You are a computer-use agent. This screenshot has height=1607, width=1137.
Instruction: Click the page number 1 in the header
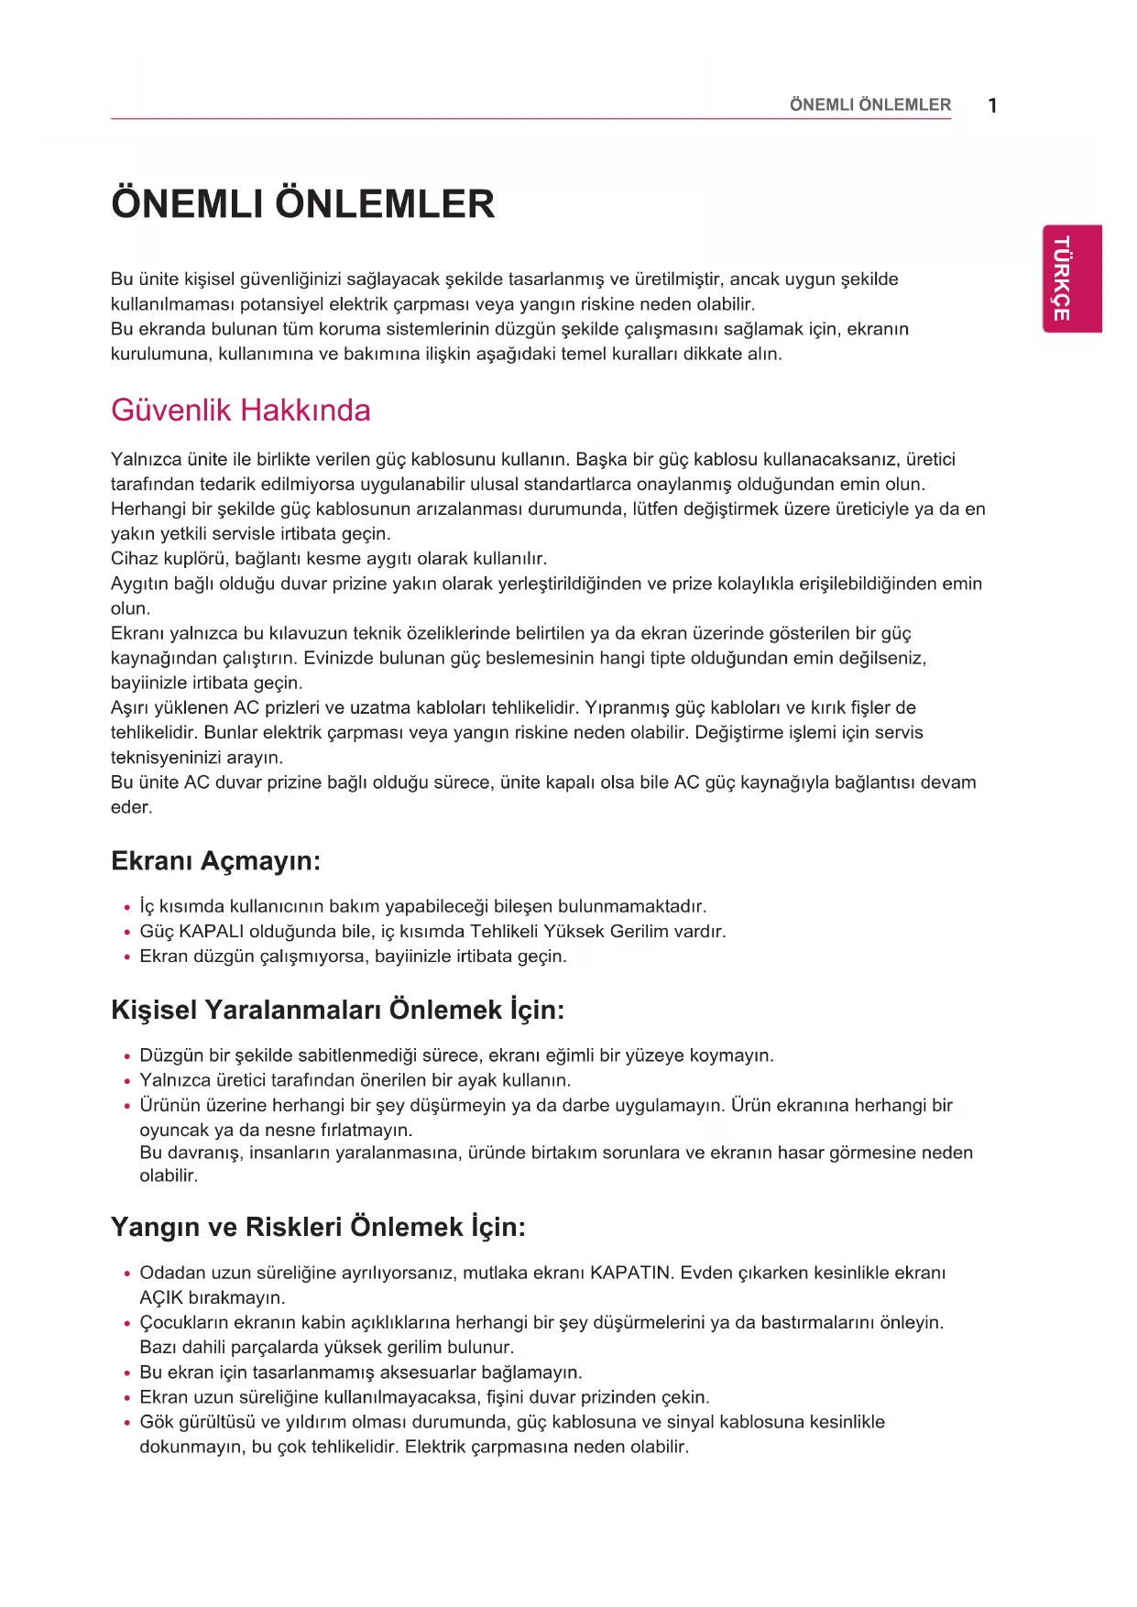[x=992, y=105]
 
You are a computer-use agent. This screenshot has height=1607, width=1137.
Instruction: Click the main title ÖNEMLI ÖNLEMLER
[x=302, y=204]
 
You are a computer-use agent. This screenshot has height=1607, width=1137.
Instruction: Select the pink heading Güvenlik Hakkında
[x=240, y=410]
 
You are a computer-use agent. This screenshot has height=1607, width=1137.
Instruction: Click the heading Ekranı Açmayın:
[x=215, y=861]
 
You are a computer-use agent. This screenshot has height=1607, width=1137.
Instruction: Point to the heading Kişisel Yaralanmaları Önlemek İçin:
[x=337, y=1010]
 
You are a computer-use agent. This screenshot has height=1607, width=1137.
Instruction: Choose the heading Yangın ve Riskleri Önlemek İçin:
[x=318, y=1227]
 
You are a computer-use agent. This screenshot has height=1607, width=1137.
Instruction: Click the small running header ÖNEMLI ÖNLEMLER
[x=869, y=105]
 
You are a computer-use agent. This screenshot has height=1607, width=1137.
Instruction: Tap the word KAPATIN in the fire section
[x=630, y=1273]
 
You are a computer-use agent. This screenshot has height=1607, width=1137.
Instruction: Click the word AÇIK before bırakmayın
[x=161, y=1297]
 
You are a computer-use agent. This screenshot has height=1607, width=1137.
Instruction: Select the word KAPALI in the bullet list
[x=212, y=932]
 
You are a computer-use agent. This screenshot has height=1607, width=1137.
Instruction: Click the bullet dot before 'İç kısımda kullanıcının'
[x=127, y=908]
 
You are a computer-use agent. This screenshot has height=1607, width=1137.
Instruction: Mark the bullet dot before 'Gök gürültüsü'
[x=127, y=1424]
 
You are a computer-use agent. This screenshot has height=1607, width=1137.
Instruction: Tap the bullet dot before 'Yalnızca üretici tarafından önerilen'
[x=127, y=1082]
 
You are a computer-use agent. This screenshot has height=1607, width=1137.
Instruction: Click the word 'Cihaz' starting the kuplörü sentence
[x=134, y=559]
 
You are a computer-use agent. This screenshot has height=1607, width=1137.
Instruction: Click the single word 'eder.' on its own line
[x=131, y=807]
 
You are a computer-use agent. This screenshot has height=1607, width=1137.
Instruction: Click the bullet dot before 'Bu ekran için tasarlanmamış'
[x=127, y=1373]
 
